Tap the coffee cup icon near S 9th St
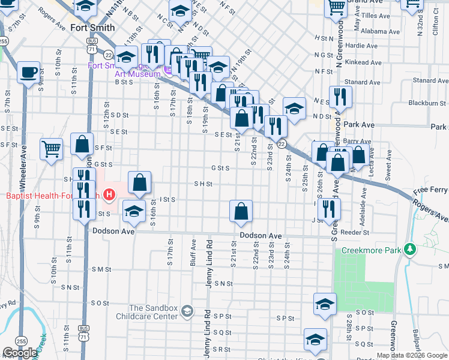29,73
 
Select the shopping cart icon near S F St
52,148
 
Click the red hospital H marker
109,194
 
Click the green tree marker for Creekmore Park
410,248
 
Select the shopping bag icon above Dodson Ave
241,211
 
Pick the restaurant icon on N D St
340,96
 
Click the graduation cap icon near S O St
325,304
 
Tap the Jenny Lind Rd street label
209,264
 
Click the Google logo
20,353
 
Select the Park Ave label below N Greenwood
360,125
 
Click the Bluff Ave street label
194,252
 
